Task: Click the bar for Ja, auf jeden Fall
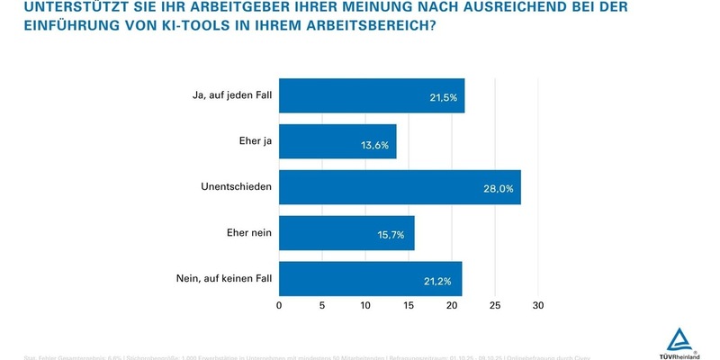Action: pos(372,95)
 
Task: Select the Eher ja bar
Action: pos(337,141)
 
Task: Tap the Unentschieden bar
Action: pos(400,187)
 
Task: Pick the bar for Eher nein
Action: pos(346,233)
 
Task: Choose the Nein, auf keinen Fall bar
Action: pos(370,279)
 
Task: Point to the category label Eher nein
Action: pos(249,233)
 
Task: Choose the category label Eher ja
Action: pos(256,141)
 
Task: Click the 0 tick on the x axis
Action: pos(279,306)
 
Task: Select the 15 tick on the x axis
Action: pos(409,306)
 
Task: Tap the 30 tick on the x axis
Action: pos(538,306)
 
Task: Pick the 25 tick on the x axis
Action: pos(495,306)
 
